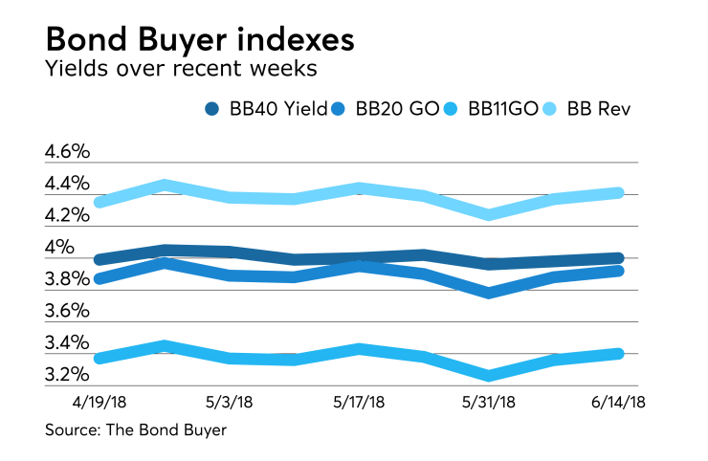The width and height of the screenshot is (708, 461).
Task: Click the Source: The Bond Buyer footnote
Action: coord(135,431)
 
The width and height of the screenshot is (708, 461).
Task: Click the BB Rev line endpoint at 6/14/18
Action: coord(618,193)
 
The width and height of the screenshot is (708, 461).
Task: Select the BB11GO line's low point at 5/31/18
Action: coord(489,375)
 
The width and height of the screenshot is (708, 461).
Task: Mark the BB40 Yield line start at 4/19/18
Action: coord(100,259)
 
